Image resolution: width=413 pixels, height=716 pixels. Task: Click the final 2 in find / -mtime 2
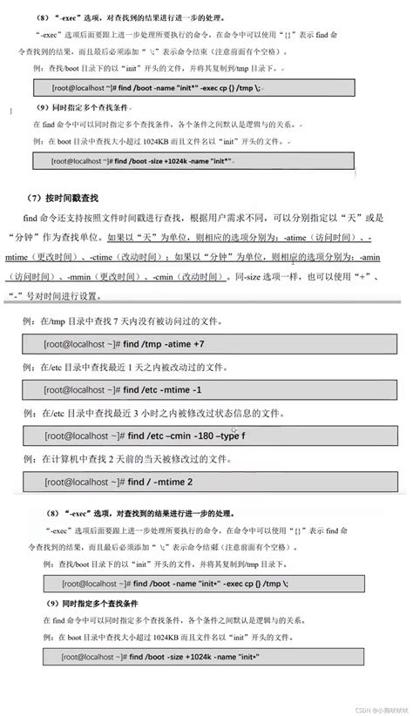(188, 480)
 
